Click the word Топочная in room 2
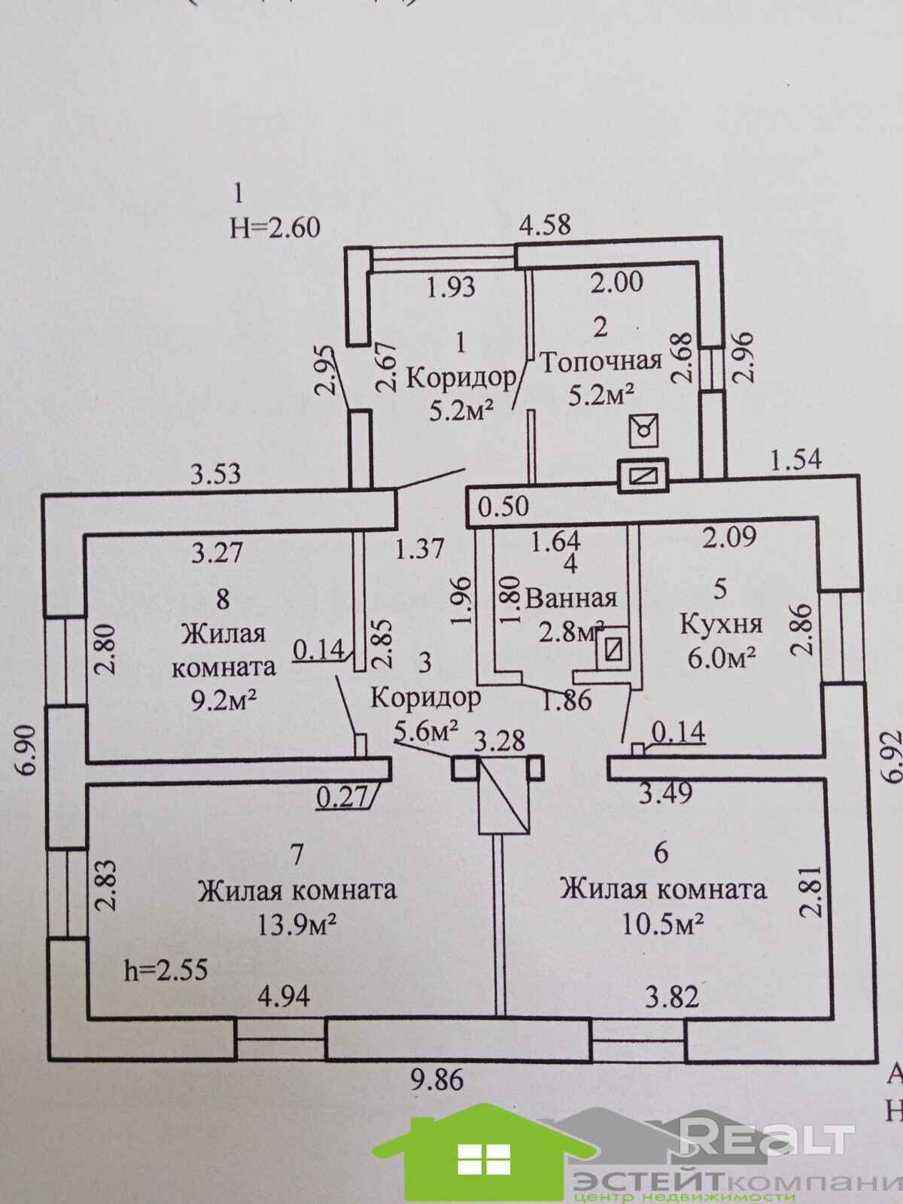[601, 361]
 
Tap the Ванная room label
[571, 598]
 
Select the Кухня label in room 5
[721, 624]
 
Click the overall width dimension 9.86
[437, 1081]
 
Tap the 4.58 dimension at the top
[546, 224]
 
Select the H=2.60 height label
[275, 227]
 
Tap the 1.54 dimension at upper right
[795, 459]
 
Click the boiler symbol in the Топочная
[644, 431]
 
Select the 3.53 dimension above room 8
[216, 474]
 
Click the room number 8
[222, 599]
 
